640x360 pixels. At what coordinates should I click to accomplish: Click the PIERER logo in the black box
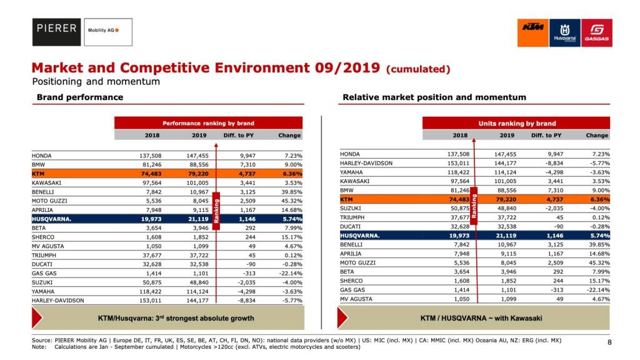(x=56, y=29)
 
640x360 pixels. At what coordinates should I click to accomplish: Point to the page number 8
(x=609, y=342)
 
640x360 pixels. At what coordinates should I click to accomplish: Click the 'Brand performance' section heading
(x=80, y=97)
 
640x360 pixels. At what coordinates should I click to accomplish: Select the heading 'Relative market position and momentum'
(x=434, y=97)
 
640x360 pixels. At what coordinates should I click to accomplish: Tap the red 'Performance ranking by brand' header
(x=208, y=123)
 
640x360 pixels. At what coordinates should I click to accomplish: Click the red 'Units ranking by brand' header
(x=516, y=123)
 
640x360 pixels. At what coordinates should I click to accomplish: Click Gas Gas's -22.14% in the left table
(x=289, y=274)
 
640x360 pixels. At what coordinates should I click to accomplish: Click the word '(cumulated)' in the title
(x=418, y=69)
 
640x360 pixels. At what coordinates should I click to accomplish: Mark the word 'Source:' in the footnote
(x=42, y=340)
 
